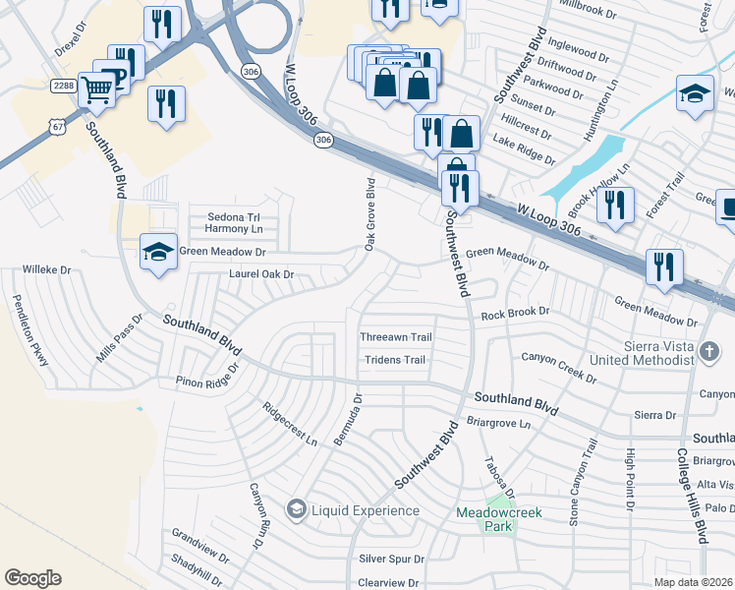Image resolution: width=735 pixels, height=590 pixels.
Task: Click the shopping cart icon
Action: [96, 90]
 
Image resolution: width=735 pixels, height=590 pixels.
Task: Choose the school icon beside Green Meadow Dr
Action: [158, 254]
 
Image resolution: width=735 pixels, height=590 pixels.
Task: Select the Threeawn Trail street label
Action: [396, 337]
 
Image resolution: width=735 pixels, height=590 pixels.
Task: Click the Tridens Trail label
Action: [395, 360]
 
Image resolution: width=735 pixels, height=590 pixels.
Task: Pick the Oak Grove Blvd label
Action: [370, 213]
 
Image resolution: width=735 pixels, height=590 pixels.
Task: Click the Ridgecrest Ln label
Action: [290, 424]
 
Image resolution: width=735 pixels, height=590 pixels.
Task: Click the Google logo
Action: [32, 577]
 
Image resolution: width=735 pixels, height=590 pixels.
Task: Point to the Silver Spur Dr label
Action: [391, 559]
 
